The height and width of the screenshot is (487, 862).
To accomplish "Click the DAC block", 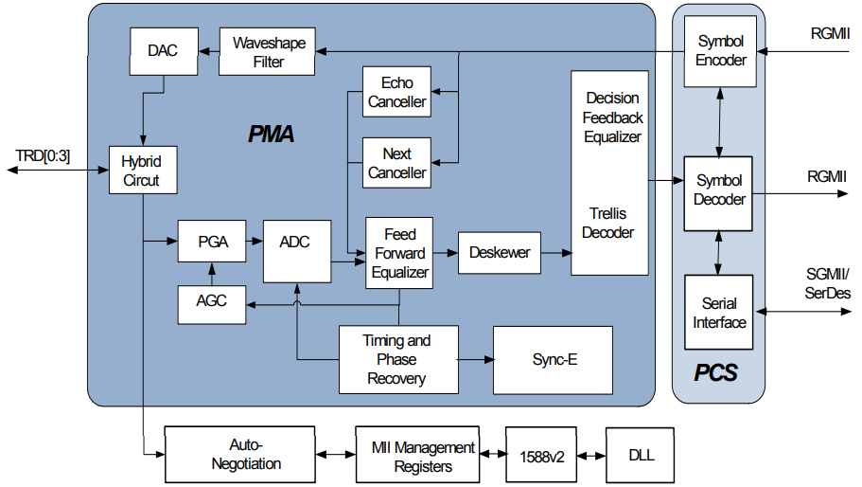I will tap(163, 52).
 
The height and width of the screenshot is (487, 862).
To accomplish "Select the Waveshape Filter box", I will tap(269, 52).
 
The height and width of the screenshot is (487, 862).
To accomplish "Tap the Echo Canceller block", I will tap(397, 92).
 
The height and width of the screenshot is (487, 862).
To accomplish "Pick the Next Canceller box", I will tap(397, 163).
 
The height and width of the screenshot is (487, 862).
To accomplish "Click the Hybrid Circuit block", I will tap(141, 171).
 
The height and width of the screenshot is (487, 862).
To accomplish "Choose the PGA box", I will tap(212, 242).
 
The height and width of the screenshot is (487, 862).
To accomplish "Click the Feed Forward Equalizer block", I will tap(399, 253).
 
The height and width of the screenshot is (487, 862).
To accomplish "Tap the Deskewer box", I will tap(500, 253).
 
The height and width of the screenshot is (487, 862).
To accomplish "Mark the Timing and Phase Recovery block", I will tap(397, 359).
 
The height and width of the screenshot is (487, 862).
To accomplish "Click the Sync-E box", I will tap(554, 360).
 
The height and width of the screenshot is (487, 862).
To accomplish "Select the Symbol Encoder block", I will tap(720, 51).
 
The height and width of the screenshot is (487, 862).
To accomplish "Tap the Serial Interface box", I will tap(719, 313).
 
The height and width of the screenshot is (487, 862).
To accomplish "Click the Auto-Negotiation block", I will tap(239, 454).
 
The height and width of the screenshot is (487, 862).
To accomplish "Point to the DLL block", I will tap(642, 454).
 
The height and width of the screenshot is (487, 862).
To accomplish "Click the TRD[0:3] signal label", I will tap(43, 154).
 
